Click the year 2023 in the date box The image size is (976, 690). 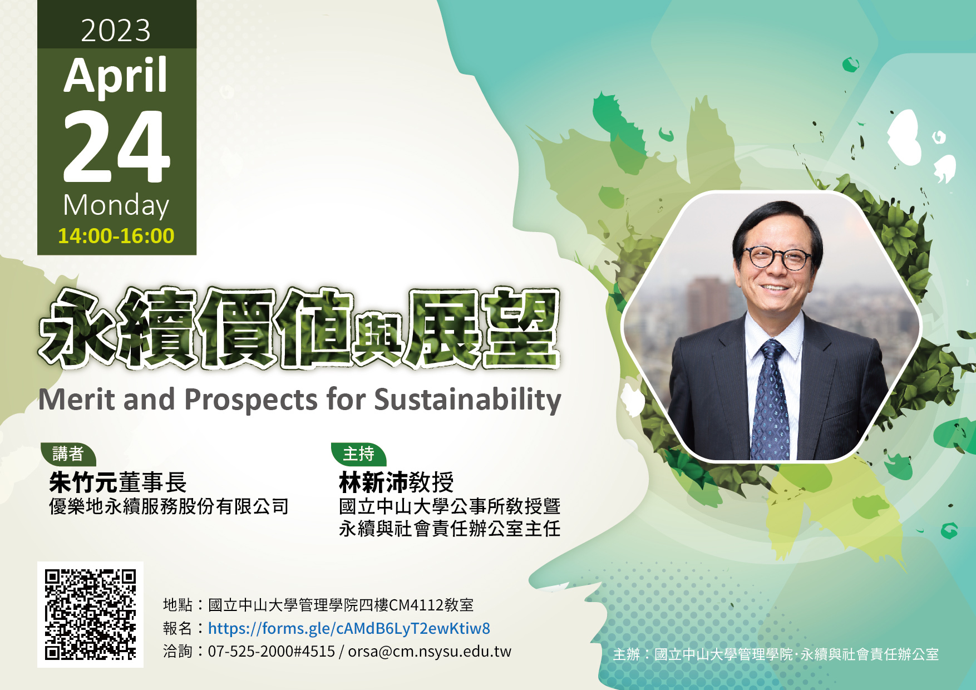[116, 31]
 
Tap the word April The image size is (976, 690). [116, 77]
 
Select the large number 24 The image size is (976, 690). [116, 146]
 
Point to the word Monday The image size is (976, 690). [116, 206]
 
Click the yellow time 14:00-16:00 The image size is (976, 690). [116, 236]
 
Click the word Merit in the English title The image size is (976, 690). [77, 400]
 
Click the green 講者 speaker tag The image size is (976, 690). [68, 454]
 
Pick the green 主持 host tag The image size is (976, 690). [359, 454]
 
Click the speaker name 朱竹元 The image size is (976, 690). [83, 482]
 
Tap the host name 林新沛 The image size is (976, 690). [373, 482]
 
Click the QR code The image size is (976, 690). [90, 614]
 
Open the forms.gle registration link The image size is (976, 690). [349, 629]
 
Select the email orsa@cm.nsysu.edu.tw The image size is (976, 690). [430, 652]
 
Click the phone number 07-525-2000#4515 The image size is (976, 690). [272, 652]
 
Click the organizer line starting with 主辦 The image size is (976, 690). [776, 654]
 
